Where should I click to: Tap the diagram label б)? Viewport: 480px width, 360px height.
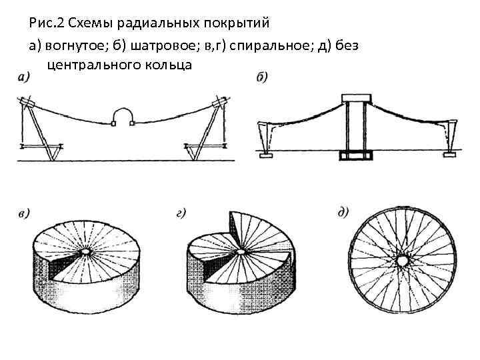(x=262, y=78)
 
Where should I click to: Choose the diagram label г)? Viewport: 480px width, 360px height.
(x=180, y=215)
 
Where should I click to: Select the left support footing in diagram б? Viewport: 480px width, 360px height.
(x=267, y=155)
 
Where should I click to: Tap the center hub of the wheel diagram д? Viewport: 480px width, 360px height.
(x=402, y=260)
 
